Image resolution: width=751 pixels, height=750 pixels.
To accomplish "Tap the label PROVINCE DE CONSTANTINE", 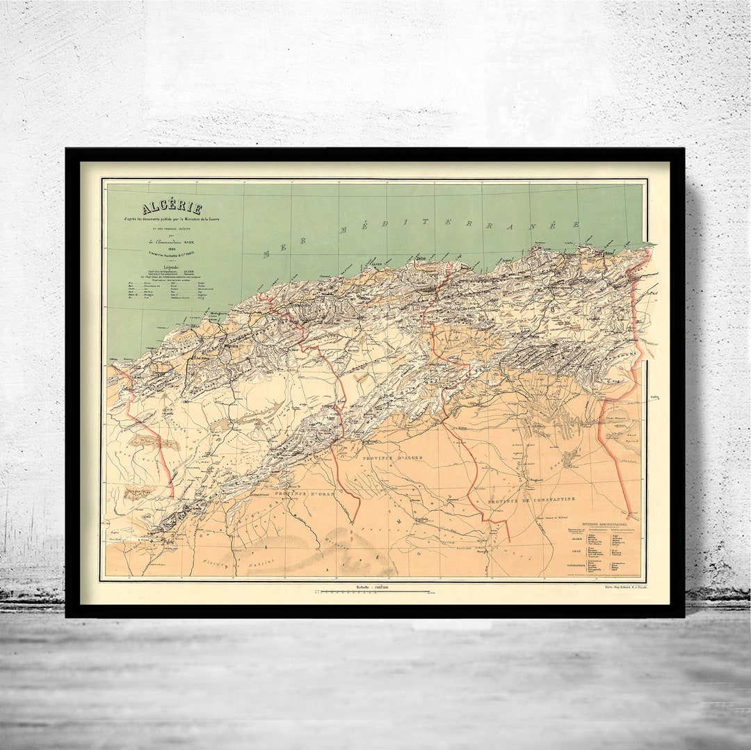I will coord(531,500).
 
